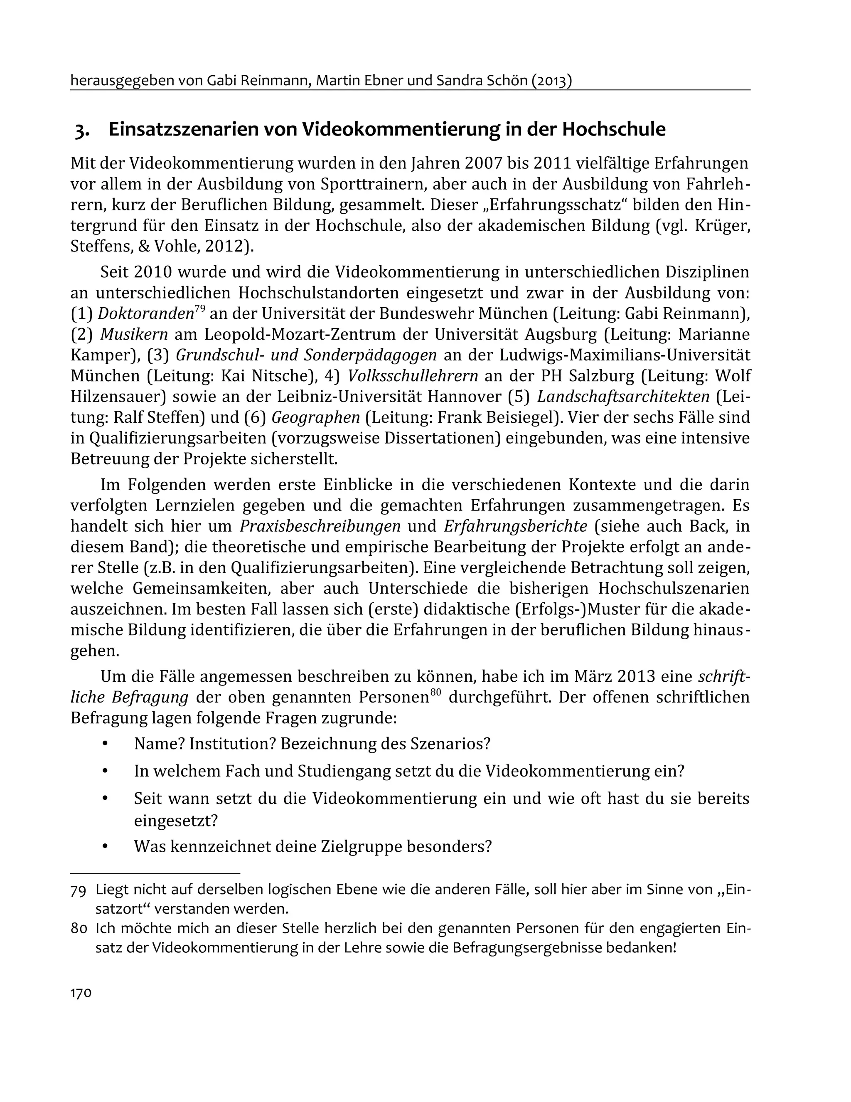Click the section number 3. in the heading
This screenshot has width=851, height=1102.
[x=83, y=130]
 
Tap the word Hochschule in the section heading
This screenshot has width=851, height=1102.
[x=613, y=130]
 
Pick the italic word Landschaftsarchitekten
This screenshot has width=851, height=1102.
[x=623, y=397]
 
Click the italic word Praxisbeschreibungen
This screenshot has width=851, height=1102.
[x=320, y=526]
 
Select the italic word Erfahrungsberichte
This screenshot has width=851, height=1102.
[x=516, y=526]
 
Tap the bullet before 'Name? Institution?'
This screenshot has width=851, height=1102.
[x=105, y=744]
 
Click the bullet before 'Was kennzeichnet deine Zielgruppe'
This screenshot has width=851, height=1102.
[x=105, y=846]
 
